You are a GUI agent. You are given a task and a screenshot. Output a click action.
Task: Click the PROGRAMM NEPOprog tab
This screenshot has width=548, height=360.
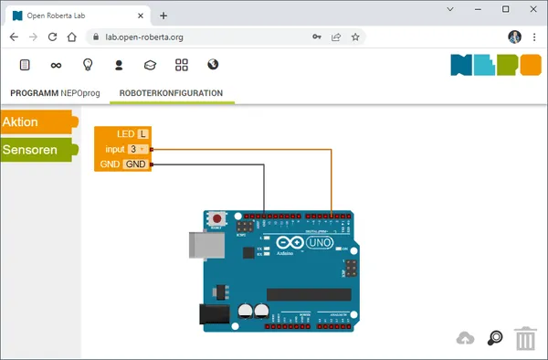pos(55,93)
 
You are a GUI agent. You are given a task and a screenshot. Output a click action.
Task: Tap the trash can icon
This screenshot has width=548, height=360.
pos(525,339)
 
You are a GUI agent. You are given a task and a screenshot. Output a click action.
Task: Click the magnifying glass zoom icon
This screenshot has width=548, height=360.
pos(495,338)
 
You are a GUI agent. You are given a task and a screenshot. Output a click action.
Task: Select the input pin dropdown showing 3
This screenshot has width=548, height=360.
pos(137,149)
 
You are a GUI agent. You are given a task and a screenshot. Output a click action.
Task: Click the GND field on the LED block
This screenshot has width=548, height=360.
pos(135,164)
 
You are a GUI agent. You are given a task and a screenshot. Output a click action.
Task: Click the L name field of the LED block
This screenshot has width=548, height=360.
pos(142,134)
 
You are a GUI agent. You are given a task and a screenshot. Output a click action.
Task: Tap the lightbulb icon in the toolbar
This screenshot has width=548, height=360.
pos(89,65)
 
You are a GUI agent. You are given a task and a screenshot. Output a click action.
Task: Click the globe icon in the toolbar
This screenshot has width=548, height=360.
pos(213,65)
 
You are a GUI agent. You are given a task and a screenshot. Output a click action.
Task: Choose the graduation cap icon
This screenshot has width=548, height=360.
pos(151,65)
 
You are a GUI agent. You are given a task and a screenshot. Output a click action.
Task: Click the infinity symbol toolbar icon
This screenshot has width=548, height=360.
pos(57,65)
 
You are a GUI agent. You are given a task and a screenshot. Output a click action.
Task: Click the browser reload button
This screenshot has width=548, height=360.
pos(53,37)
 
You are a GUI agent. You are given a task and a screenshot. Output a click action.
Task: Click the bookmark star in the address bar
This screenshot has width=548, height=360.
pos(355,37)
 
